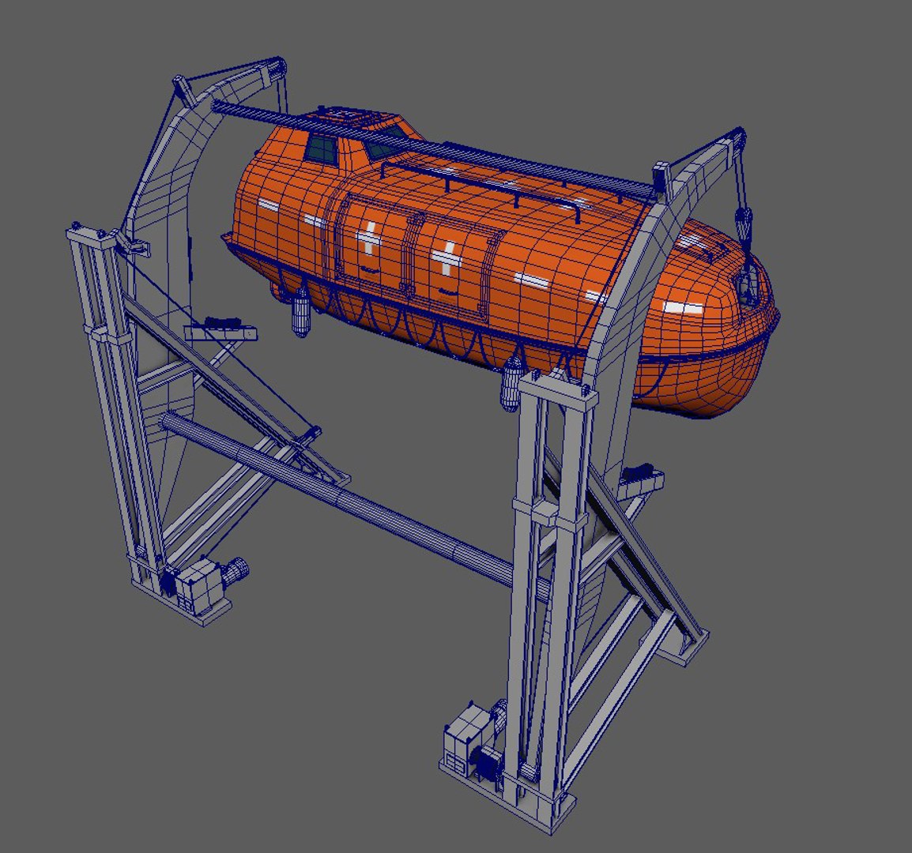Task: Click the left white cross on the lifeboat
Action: [x=370, y=239]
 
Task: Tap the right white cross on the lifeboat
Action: [x=447, y=258]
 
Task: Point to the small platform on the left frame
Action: [x=222, y=330]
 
